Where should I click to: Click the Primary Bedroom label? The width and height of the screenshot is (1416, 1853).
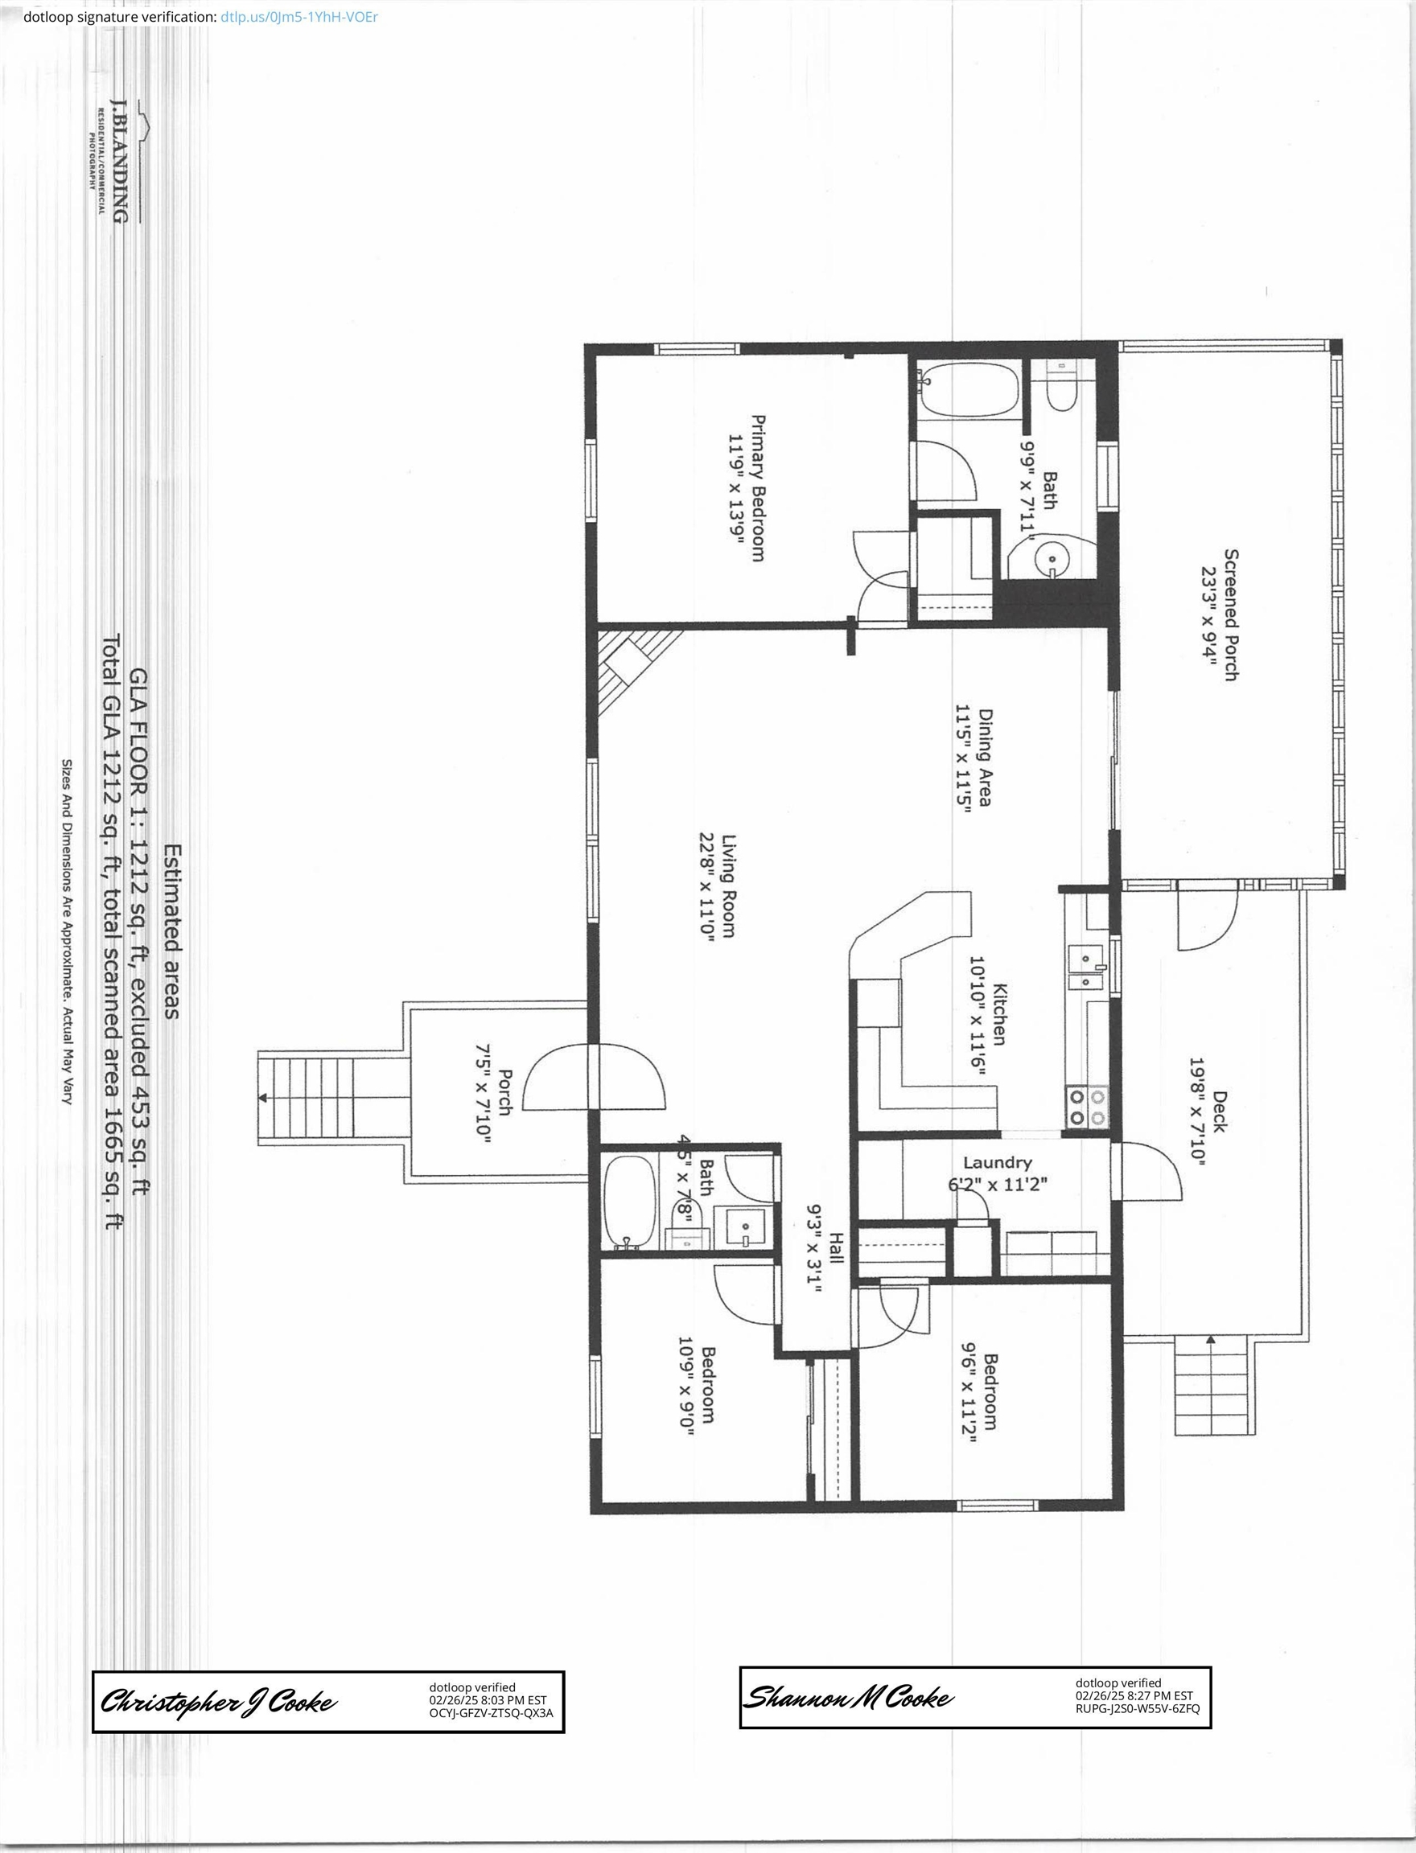tap(758, 488)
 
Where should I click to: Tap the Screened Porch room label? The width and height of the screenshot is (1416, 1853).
tap(1232, 614)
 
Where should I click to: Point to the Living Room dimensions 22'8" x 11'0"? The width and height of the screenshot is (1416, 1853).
tap(706, 885)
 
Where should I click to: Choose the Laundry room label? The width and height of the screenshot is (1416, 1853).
tap(997, 1163)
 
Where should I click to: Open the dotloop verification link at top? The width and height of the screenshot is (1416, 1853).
tap(299, 17)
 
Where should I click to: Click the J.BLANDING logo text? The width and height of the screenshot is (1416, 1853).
tap(120, 161)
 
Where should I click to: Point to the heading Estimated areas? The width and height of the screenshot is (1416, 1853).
tap(171, 931)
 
